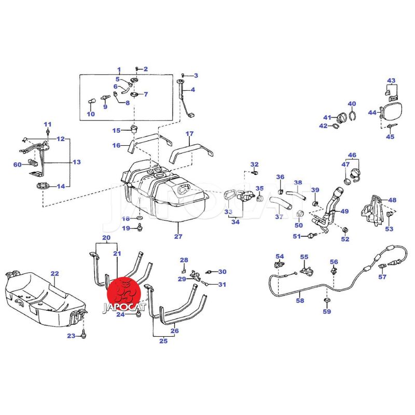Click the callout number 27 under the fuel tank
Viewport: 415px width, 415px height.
coord(178,237)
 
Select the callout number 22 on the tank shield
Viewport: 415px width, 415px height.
coord(54,273)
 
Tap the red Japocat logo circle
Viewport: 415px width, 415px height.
coord(124,291)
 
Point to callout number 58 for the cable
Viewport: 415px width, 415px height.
coord(300,300)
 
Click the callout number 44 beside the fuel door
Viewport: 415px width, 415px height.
coord(372,113)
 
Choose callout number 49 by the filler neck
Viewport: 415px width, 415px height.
coord(344,211)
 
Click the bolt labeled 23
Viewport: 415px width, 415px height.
coord(84,337)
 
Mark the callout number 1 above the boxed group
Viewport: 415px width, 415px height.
coord(118,70)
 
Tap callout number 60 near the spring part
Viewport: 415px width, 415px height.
coord(17,165)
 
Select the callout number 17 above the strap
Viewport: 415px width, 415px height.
coord(189,133)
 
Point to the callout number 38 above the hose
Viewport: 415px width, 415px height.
coord(298,183)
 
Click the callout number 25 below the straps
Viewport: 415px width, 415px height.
coord(163,341)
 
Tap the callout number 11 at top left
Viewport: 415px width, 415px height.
coord(48,124)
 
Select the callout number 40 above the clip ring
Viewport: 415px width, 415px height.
coord(352,104)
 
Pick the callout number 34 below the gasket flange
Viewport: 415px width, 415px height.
coord(235,223)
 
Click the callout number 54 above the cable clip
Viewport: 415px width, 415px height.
coord(280,257)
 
